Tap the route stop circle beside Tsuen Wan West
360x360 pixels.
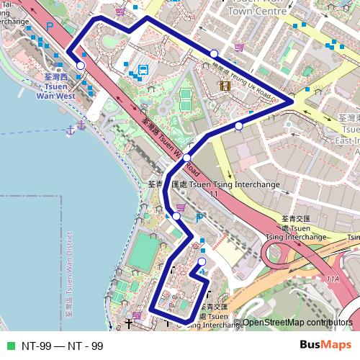pyautogui.click(x=81, y=66)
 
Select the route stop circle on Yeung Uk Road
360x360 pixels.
pyautogui.click(x=214, y=54)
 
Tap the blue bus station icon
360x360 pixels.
pyautogui.click(x=143, y=70)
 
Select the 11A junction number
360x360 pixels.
pyautogui.click(x=332, y=279)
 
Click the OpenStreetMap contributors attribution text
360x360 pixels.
pyautogui.click(x=297, y=323)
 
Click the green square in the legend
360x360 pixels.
pyautogui.click(x=9, y=346)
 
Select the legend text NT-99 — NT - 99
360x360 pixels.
pyautogui.click(x=63, y=346)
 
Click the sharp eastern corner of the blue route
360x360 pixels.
pyautogui.click(x=292, y=102)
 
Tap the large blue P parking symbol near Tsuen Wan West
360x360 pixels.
pyautogui.click(x=50, y=26)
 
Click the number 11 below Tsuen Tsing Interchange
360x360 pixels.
pyautogui.click(x=213, y=194)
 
